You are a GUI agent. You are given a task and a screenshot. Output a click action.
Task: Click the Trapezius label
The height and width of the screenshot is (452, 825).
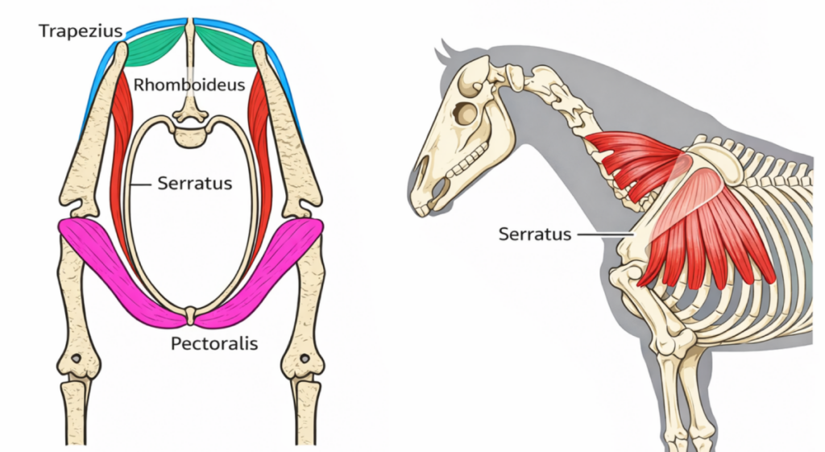(x=80, y=32)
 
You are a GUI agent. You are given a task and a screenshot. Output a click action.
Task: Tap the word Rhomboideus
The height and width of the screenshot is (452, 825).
(x=189, y=85)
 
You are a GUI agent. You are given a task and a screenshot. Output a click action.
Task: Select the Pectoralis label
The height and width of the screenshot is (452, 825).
(x=214, y=343)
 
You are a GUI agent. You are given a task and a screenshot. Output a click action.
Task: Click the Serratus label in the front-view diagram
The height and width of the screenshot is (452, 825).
(x=194, y=184)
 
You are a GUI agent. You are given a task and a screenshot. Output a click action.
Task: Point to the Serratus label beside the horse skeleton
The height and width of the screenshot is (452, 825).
(x=534, y=234)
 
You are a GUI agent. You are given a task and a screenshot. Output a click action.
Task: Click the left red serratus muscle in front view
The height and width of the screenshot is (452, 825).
(x=123, y=153)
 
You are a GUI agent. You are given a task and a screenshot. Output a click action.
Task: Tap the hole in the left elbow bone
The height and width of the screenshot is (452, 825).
(x=77, y=357)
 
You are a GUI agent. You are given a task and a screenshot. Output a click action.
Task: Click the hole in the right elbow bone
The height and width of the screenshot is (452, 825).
(x=305, y=357)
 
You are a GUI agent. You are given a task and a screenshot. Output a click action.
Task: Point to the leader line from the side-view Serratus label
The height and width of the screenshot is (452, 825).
(x=604, y=234)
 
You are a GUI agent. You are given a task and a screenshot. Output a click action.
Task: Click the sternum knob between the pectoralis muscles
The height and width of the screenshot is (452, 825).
(x=191, y=314)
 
